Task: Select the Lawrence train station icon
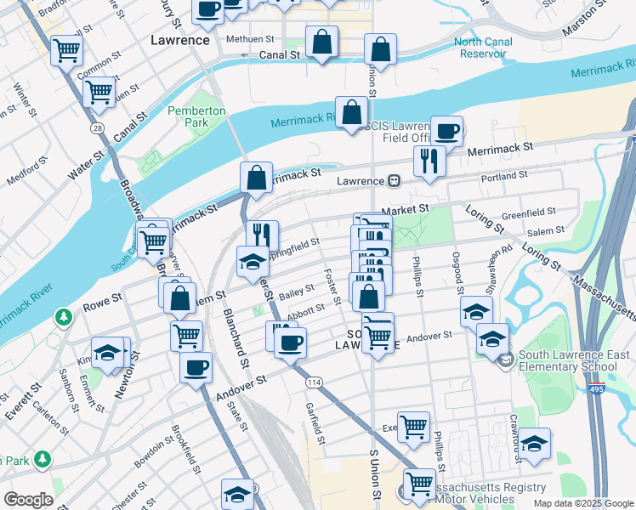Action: point(395,181)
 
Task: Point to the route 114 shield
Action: point(313,383)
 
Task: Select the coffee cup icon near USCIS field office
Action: point(446,131)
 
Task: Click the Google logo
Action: point(28,500)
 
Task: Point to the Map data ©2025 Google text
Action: point(582,503)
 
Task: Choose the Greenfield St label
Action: point(527,213)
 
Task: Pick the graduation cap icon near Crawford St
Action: point(533,443)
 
